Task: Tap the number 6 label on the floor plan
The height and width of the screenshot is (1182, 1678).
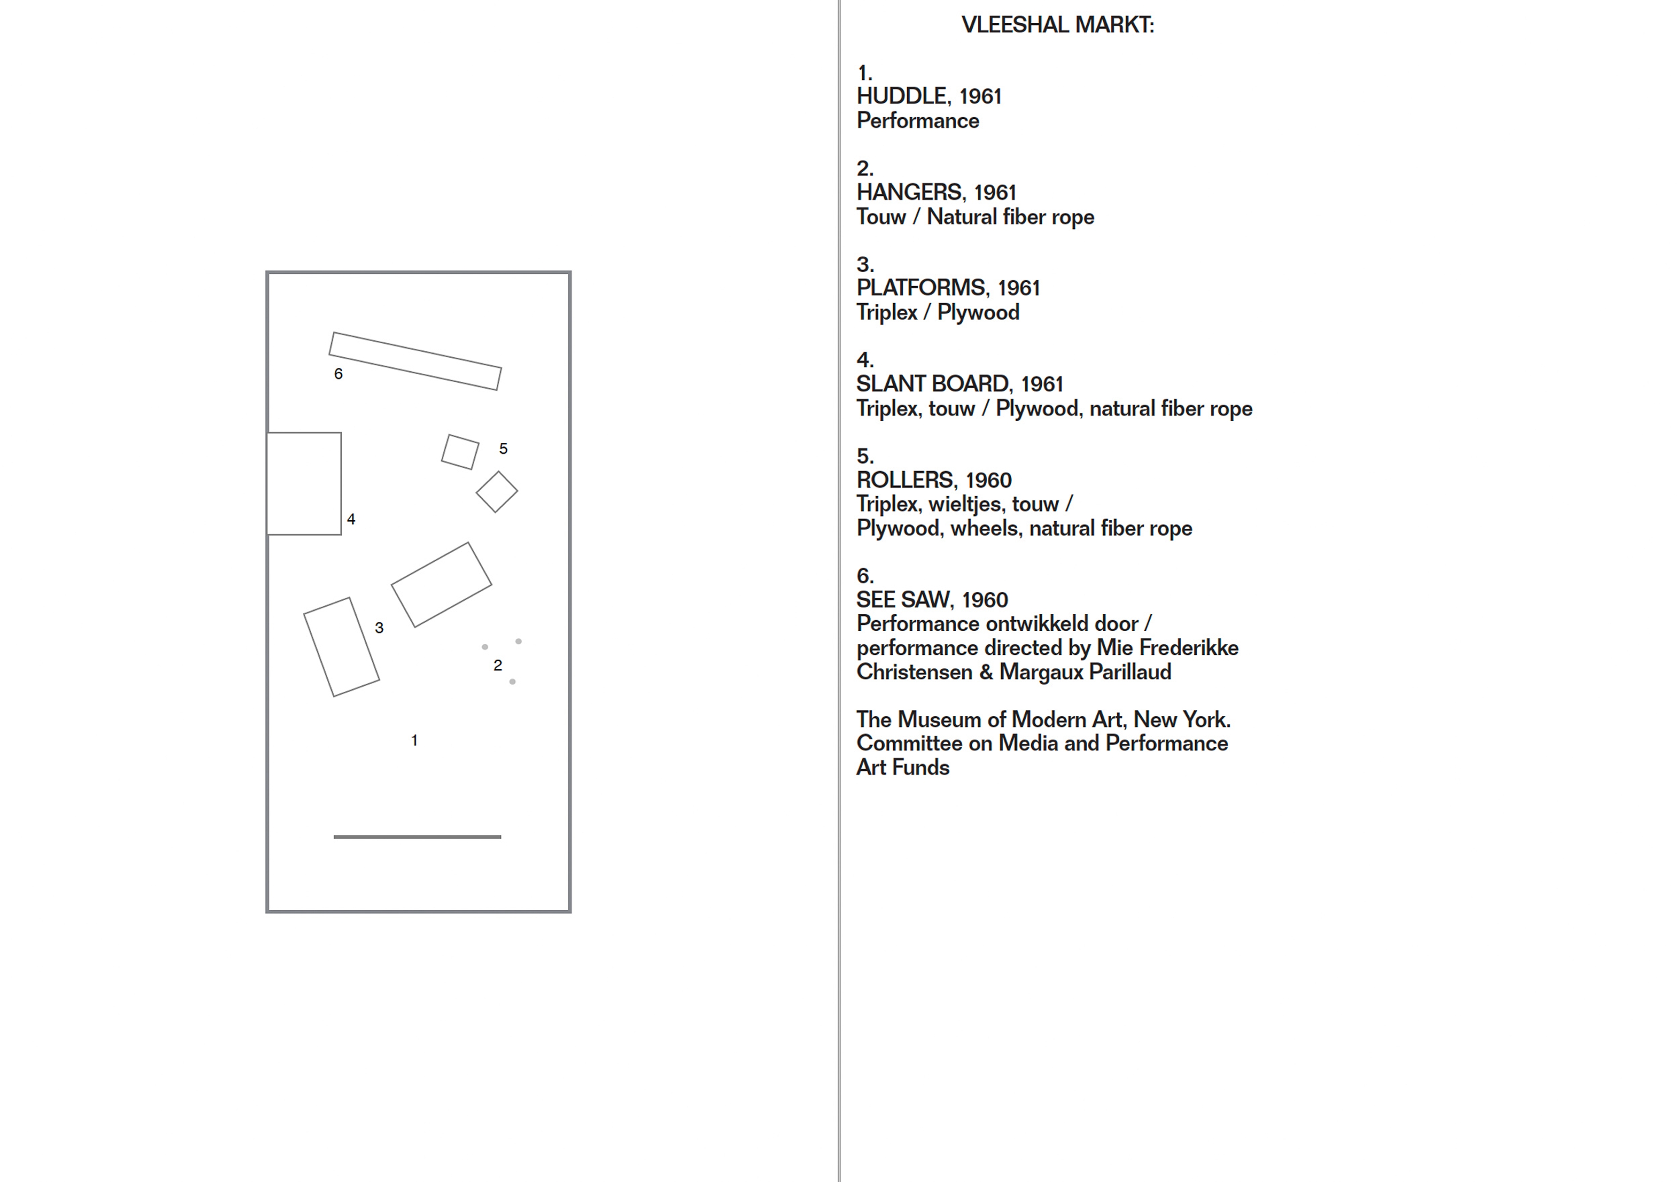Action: point(338,374)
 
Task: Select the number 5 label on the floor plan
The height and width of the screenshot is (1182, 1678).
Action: point(503,449)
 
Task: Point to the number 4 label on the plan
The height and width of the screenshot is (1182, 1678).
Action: point(351,519)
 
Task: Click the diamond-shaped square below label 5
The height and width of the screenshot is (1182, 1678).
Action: point(497,492)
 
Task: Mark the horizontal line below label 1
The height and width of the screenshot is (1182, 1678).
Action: point(417,836)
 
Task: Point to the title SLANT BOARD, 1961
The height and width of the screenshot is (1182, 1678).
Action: point(960,384)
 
